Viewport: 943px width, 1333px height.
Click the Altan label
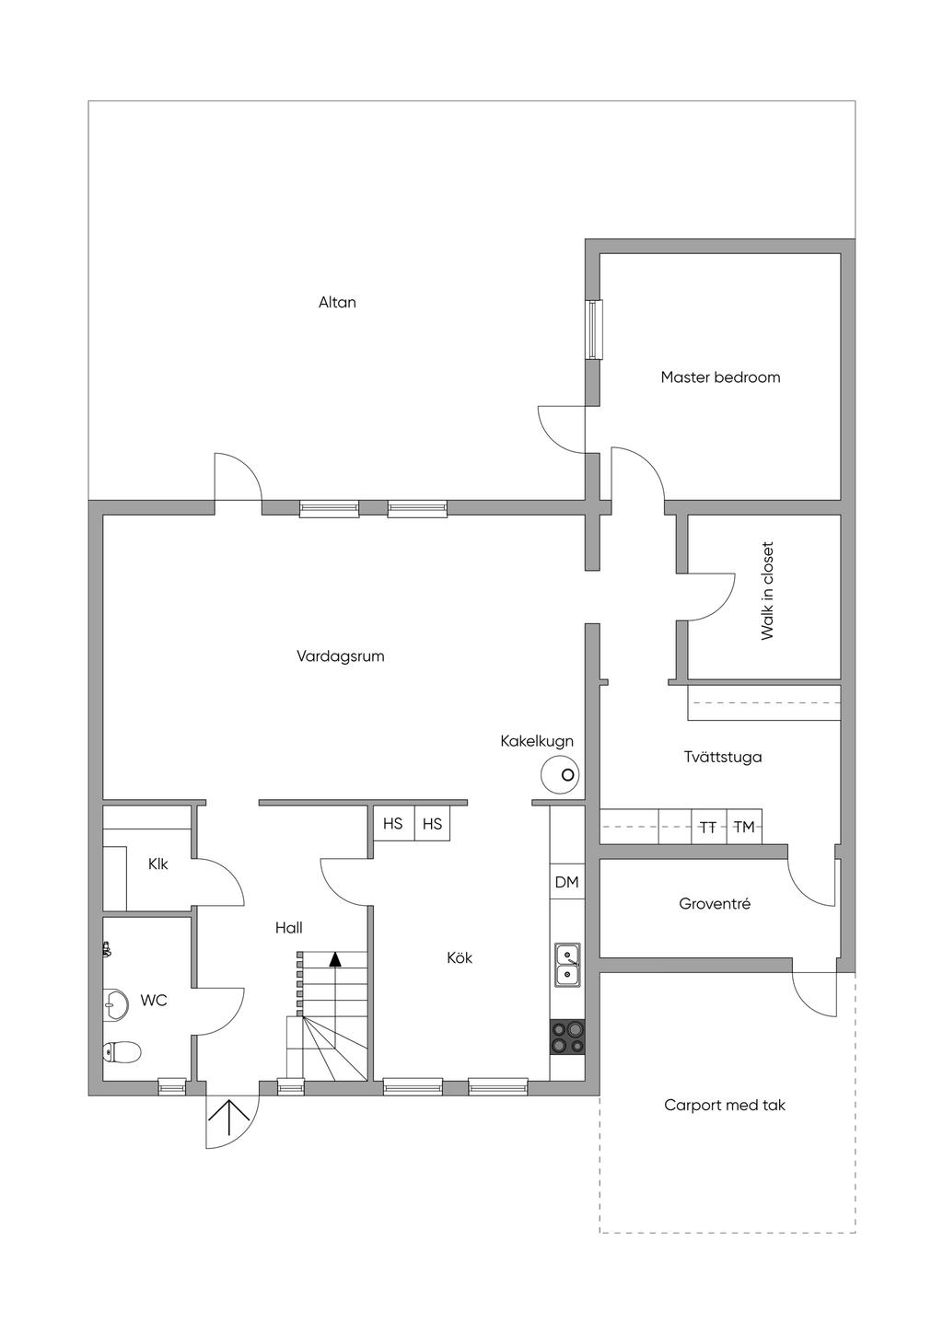point(337,302)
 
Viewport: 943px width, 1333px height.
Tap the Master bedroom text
point(720,377)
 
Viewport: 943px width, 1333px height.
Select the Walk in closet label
point(767,591)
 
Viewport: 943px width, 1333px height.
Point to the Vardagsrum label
point(341,656)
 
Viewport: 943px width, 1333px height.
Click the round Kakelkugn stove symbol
point(560,775)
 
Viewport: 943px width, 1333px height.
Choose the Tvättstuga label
point(723,757)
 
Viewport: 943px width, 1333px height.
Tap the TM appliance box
point(744,827)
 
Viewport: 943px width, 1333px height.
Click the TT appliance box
point(708,827)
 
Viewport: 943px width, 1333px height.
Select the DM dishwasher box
point(566,882)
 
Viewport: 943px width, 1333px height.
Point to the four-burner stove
point(566,1037)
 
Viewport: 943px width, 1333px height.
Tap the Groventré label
point(715,904)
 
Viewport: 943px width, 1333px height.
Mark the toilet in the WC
point(122,1052)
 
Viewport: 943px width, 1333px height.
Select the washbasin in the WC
point(115,1005)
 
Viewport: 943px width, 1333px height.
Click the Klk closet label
point(157,864)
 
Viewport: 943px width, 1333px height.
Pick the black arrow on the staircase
point(336,958)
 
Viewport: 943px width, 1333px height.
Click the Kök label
point(460,958)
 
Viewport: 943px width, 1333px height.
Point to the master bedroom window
point(594,330)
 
